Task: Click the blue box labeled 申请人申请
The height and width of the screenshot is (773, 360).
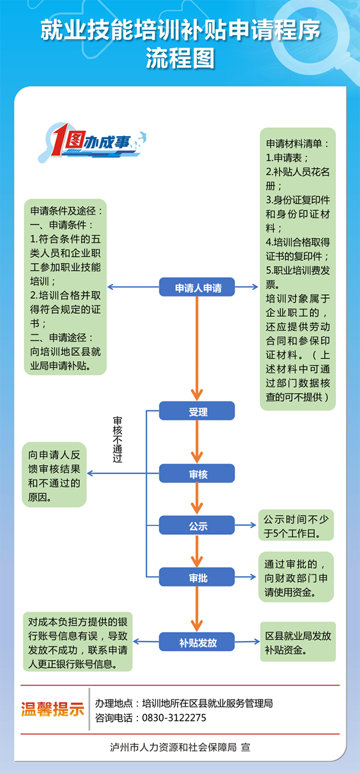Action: click(x=197, y=287)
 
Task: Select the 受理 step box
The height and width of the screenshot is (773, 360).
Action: click(x=197, y=411)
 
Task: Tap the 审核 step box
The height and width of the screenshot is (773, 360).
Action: click(x=197, y=473)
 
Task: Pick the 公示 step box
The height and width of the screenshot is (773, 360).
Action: click(x=197, y=525)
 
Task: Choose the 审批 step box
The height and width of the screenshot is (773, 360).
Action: click(x=197, y=577)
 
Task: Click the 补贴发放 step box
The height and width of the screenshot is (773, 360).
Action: click(x=197, y=642)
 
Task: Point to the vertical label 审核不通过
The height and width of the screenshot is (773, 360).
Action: click(x=118, y=439)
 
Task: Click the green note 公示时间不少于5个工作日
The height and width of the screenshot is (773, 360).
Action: click(x=296, y=525)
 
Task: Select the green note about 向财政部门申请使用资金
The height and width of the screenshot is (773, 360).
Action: click(x=296, y=577)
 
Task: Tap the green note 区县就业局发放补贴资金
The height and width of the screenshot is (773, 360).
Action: click(x=298, y=642)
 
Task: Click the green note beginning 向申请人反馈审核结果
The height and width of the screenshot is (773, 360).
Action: click(x=54, y=475)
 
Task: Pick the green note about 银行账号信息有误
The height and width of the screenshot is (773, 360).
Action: click(x=77, y=642)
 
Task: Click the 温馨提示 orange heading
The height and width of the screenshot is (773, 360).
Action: click(x=52, y=709)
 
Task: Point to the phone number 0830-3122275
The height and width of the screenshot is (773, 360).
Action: click(x=174, y=718)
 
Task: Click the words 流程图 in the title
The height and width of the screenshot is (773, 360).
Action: click(x=180, y=58)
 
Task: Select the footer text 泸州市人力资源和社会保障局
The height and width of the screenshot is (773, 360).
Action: click(x=173, y=747)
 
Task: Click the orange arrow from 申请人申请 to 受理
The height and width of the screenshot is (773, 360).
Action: click(x=197, y=349)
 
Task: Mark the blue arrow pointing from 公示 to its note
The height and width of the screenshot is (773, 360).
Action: click(x=245, y=525)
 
